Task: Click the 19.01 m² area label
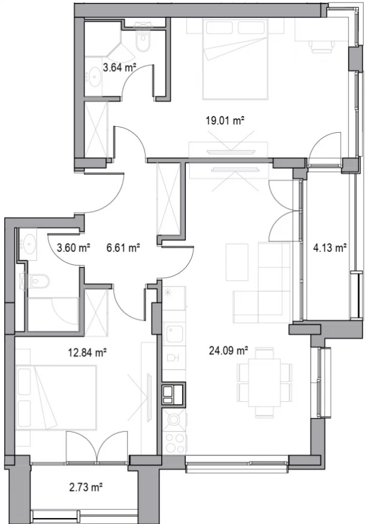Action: coord(224,120)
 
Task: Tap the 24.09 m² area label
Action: coord(228,351)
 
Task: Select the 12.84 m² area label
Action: coord(87,352)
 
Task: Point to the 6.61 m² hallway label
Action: coord(123,248)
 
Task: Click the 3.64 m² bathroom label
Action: coord(119,68)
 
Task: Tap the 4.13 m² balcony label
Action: coord(329,248)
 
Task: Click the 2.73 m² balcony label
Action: coord(86,488)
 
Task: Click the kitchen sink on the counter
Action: coord(175,334)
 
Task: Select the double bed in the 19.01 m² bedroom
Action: coord(235,59)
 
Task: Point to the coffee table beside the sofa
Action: coord(237,263)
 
